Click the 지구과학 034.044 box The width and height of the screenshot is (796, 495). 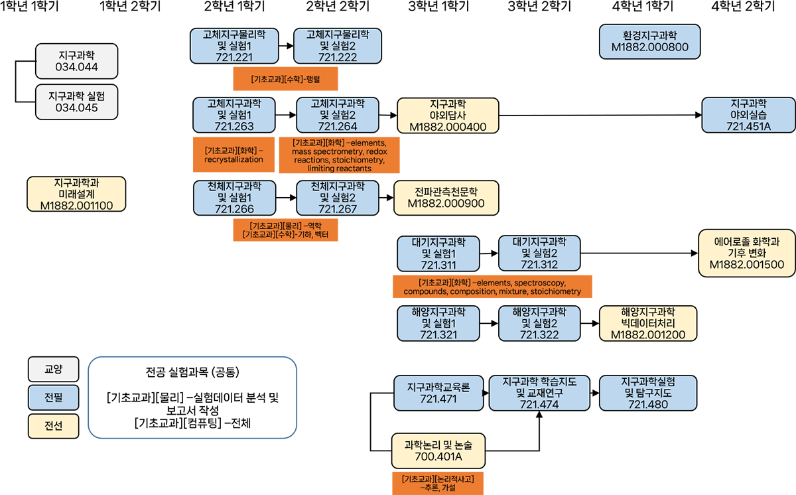(x=77, y=60)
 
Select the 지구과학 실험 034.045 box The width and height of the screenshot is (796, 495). (x=77, y=102)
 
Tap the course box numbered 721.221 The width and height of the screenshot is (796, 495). (x=234, y=46)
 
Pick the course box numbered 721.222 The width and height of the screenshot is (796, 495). (x=337, y=46)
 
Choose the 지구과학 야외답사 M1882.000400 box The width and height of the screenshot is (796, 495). (x=448, y=115)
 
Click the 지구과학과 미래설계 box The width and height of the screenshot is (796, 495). (x=76, y=194)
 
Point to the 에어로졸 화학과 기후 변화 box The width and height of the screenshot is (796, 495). (x=746, y=253)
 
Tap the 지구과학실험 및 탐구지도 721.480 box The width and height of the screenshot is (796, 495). (x=647, y=393)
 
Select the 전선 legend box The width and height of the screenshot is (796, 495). (x=54, y=426)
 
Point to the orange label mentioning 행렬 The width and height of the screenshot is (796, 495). (x=285, y=80)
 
